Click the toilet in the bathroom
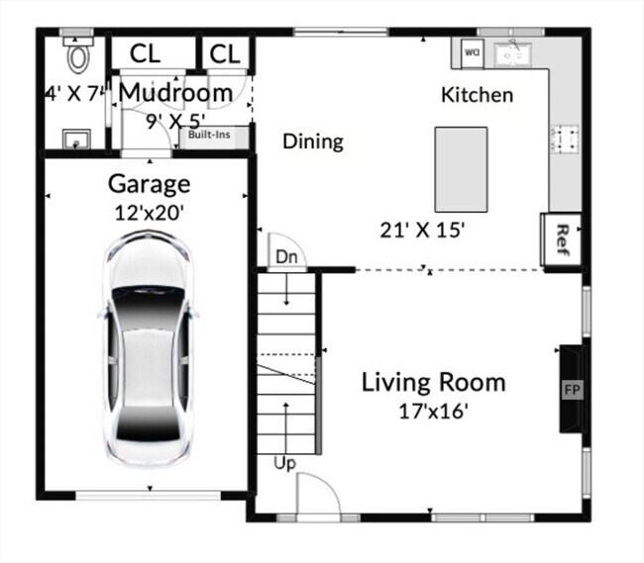[x=76, y=50]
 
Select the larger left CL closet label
[x=147, y=53]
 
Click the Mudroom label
[x=176, y=93]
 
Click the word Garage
[x=149, y=184]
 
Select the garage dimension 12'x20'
[x=149, y=211]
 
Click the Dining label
[x=313, y=141]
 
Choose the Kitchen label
[x=477, y=95]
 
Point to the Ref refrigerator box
[x=562, y=239]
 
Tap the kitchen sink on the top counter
[x=515, y=54]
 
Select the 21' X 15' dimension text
[x=423, y=230]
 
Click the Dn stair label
[x=286, y=257]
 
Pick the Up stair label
[x=286, y=462]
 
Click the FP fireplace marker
[x=572, y=389]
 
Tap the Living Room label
[x=433, y=382]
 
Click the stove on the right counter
[x=565, y=140]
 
